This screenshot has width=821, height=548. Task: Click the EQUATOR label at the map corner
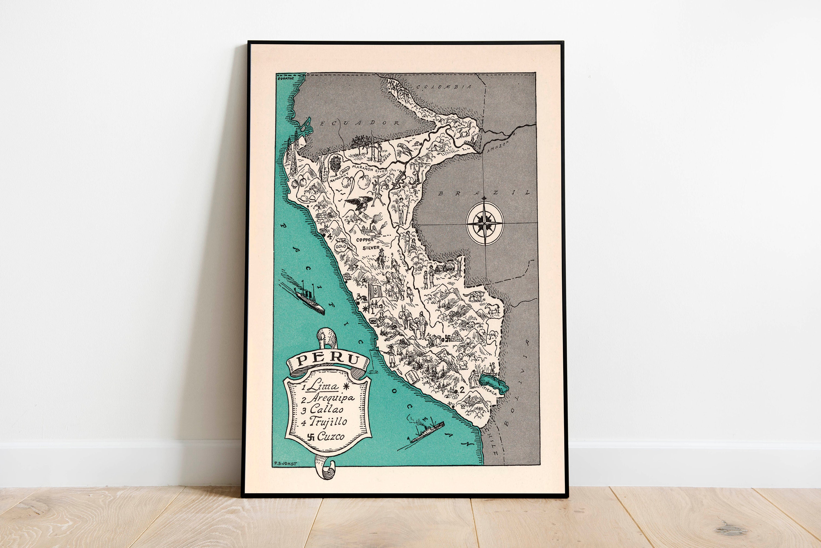coord(285,79)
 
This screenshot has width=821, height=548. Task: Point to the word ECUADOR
coord(360,123)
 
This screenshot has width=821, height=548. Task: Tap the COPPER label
coord(365,240)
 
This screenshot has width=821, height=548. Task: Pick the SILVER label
coord(371,248)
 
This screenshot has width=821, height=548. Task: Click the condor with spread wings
coord(359,204)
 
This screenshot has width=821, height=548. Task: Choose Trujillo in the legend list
coord(328,422)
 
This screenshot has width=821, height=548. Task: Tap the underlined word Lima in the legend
coord(324,386)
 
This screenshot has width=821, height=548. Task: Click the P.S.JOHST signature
coord(285,464)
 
